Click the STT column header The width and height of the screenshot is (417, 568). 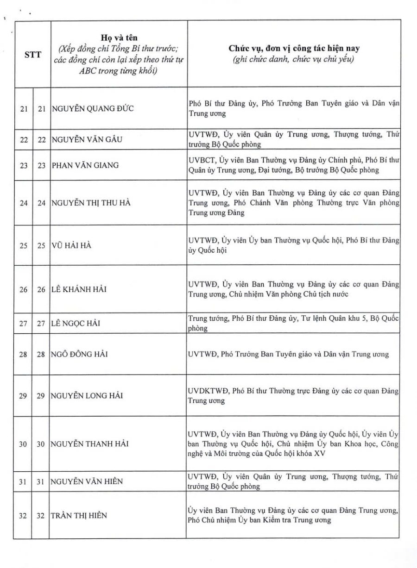33,54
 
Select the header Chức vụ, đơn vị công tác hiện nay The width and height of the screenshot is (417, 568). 294,48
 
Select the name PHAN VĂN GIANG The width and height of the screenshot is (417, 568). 85,165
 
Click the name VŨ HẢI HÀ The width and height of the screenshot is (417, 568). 71,245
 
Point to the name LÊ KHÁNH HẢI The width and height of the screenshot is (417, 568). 79,289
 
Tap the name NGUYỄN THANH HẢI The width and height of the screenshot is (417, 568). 90,444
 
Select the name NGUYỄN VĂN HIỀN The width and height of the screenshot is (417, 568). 87,481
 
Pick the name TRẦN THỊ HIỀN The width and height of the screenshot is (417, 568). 79,515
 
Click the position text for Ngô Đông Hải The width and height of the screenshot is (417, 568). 288,355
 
